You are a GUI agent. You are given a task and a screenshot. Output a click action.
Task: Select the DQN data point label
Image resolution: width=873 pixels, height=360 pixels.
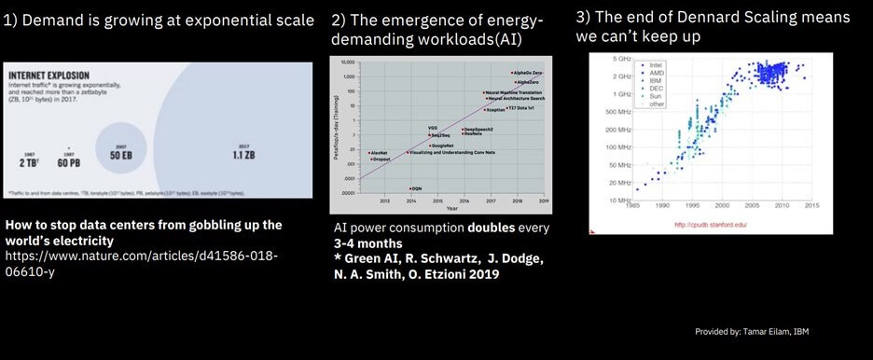pyautogui.click(x=417, y=188)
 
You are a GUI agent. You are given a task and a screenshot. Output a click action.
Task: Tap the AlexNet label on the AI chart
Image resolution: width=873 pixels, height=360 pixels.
pyautogui.click(x=378, y=152)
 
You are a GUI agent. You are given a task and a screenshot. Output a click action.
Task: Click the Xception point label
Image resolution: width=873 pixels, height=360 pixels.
pyautogui.click(x=495, y=110)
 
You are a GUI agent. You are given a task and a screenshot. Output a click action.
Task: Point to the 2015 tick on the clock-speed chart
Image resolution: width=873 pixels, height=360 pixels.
pyautogui.click(x=811, y=205)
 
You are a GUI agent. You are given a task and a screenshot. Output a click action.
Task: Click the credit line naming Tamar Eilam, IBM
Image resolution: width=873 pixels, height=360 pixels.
pyautogui.click(x=756, y=331)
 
